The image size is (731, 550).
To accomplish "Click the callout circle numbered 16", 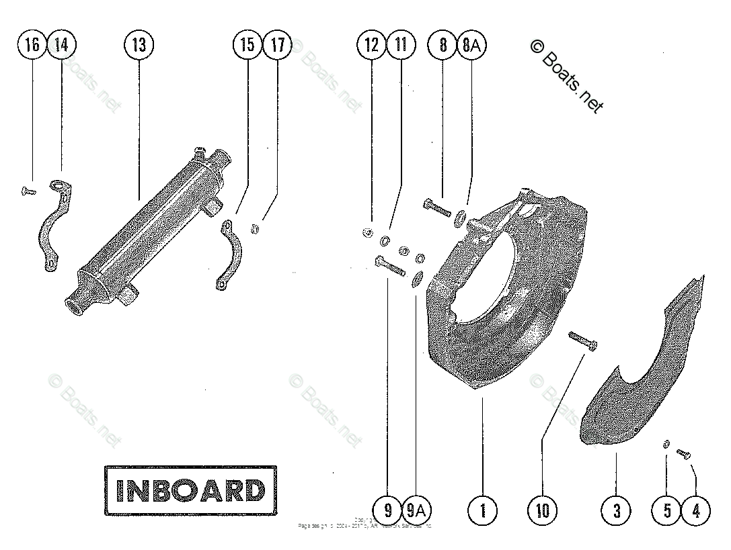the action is pyautogui.click(x=32, y=45).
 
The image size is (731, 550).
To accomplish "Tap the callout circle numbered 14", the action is pyautogui.click(x=61, y=45).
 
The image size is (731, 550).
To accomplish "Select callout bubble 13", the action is pyautogui.click(x=139, y=45).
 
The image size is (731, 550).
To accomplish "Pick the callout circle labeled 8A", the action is pyautogui.click(x=472, y=45).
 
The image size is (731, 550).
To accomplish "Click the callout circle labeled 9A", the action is pyautogui.click(x=416, y=511).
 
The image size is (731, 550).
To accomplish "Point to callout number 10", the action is pyautogui.click(x=543, y=511).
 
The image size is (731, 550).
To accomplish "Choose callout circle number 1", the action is pyautogui.click(x=482, y=511).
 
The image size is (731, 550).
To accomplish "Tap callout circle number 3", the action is pyautogui.click(x=617, y=511).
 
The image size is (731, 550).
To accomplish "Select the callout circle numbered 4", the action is pyautogui.click(x=696, y=511).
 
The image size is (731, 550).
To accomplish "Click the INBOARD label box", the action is pyautogui.click(x=190, y=490).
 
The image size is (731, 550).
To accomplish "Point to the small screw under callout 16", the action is pyautogui.click(x=27, y=191).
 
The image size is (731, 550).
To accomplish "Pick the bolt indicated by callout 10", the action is pyautogui.click(x=582, y=338).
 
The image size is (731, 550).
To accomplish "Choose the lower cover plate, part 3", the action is pyautogui.click(x=639, y=376).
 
